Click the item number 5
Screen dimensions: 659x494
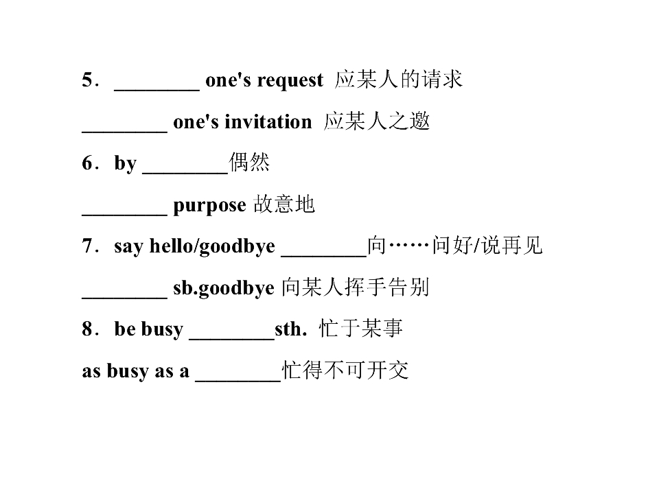pyautogui.click(x=87, y=80)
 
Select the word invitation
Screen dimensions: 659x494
pyautogui.click(x=268, y=122)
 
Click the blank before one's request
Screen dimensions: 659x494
pyautogui.click(x=157, y=89)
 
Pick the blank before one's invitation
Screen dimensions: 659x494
pyautogui.click(x=125, y=132)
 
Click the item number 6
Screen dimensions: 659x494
pyautogui.click(x=87, y=163)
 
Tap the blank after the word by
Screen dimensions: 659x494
pyautogui.click(x=185, y=172)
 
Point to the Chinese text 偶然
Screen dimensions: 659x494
pyautogui.click(x=249, y=162)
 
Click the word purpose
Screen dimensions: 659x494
pyautogui.click(x=210, y=205)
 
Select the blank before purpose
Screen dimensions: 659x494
pyautogui.click(x=125, y=214)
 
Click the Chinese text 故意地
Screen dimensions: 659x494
pyautogui.click(x=284, y=204)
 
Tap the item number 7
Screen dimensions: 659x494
pyautogui.click(x=87, y=246)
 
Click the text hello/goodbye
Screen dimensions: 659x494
pyautogui.click(x=212, y=246)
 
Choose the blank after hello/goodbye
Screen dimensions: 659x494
pyautogui.click(x=324, y=255)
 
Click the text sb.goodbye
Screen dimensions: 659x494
pyautogui.click(x=224, y=288)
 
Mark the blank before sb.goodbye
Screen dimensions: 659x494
pyautogui.click(x=125, y=297)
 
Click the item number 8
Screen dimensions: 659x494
pyautogui.click(x=87, y=329)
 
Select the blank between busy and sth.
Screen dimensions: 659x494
pyautogui.click(x=232, y=338)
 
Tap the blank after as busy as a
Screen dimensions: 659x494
pyautogui.click(x=238, y=380)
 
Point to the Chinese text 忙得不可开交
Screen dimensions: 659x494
pyautogui.click(x=345, y=370)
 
